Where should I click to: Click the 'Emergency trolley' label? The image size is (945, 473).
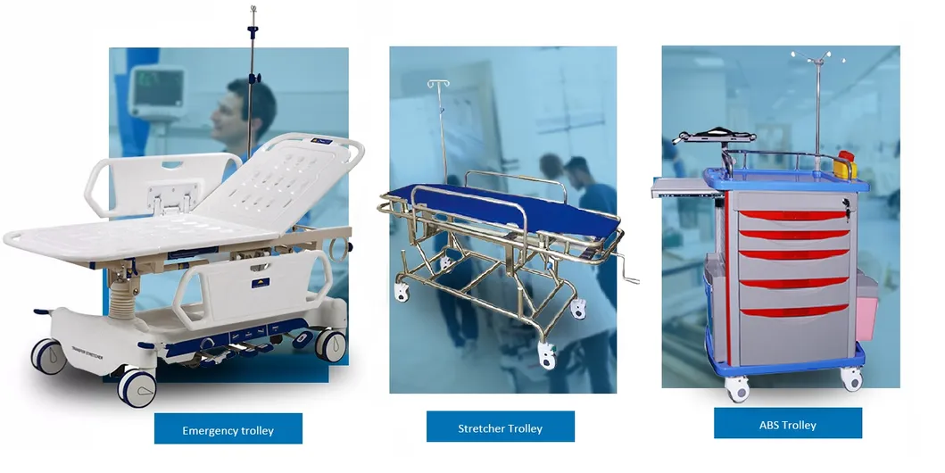click(228, 429)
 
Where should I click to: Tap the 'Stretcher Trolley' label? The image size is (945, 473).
click(500, 427)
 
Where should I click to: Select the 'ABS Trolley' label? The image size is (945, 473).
click(787, 424)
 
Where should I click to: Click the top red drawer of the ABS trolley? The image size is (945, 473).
click(792, 216)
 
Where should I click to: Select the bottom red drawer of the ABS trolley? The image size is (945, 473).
click(792, 310)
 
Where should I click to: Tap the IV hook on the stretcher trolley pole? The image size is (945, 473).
click(438, 86)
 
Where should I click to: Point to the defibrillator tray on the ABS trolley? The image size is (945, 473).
click(714, 137)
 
